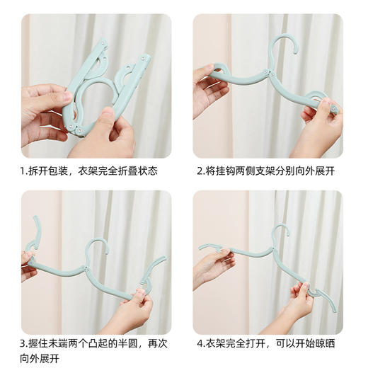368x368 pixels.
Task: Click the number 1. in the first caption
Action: coord(24,171)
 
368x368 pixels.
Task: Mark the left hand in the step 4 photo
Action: coord(212,269)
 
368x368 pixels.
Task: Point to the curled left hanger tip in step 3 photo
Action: coord(33,234)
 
